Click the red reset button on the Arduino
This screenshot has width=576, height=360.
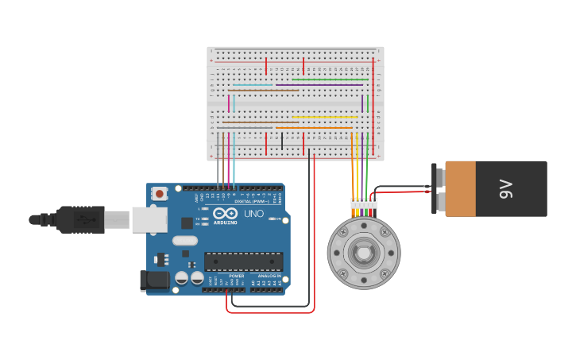pos(160,193)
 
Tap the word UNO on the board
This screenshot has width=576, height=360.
pos(253,214)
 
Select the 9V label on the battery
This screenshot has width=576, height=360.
pos(506,188)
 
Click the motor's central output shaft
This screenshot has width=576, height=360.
pos(364,254)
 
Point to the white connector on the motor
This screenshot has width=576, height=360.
pos(364,203)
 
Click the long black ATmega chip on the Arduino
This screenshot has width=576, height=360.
pos(243,261)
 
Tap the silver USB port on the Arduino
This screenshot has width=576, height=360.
pos(149,220)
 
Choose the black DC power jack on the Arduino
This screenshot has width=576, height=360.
pos(154,280)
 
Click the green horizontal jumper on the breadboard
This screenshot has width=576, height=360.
pos(330,79)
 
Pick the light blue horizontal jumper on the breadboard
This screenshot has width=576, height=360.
pos(253,85)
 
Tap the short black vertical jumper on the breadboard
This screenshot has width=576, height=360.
pos(282,141)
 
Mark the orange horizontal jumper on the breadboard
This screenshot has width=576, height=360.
pos(314,128)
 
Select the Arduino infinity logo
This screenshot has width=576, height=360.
pos(225,214)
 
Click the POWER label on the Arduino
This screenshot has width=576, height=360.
pos(237,276)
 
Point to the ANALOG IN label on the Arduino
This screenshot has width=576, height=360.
pos(269,276)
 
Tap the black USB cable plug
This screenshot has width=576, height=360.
pos(79,219)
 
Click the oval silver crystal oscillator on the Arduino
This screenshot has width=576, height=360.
pos(184,240)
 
